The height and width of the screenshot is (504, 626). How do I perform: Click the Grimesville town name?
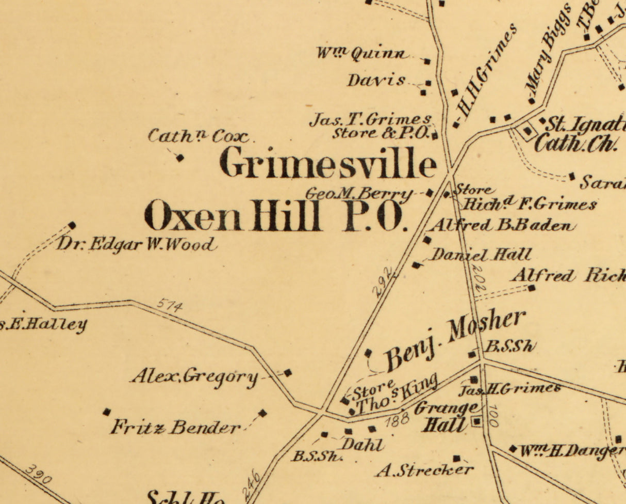(327, 163)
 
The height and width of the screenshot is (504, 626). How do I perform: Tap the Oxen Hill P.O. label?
(275, 216)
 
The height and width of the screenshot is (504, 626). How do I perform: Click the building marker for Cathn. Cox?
(179, 157)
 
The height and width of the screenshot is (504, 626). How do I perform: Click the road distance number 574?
(170, 305)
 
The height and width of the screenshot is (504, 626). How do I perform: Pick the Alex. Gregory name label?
(194, 376)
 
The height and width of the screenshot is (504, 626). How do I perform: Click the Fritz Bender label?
(176, 428)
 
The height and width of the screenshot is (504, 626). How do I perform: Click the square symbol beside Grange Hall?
(476, 422)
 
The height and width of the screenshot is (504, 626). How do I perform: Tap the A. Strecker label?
(424, 470)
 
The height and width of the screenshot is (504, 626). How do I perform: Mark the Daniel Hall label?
(481, 255)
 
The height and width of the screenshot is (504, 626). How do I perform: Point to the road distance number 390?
(38, 475)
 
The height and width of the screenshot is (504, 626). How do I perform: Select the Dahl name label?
(362, 445)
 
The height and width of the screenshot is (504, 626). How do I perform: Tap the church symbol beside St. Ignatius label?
(528, 131)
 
